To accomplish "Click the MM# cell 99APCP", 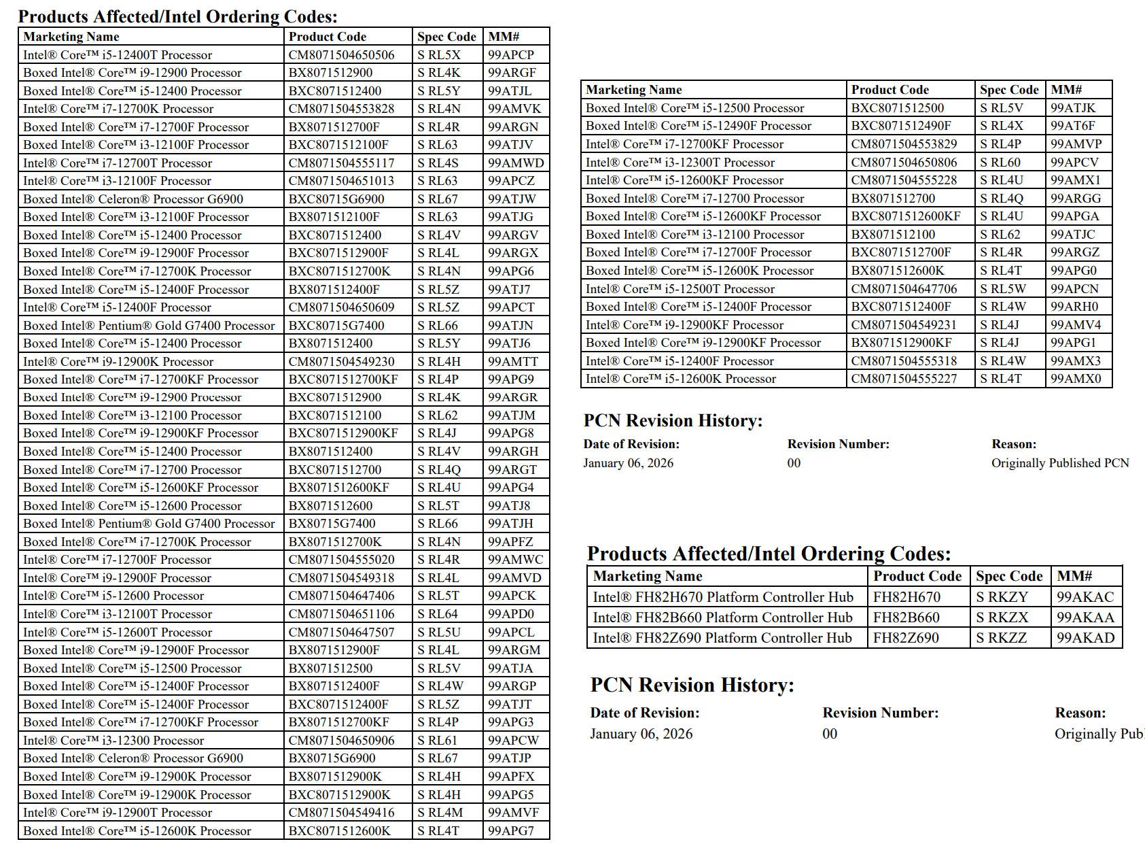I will [511, 55].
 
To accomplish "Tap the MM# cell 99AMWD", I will [516, 163].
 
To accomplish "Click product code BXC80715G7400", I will [336, 326].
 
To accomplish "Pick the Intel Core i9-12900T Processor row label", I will [118, 813].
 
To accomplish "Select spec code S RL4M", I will [440, 813].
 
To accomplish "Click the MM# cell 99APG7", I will [511, 831].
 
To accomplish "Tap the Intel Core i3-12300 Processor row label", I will [113, 741].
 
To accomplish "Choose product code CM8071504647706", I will [904, 289].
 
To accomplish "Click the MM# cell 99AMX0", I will [1076, 379].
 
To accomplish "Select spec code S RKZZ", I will [1001, 638].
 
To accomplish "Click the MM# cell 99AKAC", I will [1085, 597].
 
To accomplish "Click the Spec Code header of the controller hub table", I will [1009, 576].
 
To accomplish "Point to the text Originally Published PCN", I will [1059, 463].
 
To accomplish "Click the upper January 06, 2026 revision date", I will [628, 463].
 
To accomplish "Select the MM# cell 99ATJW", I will [512, 199].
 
